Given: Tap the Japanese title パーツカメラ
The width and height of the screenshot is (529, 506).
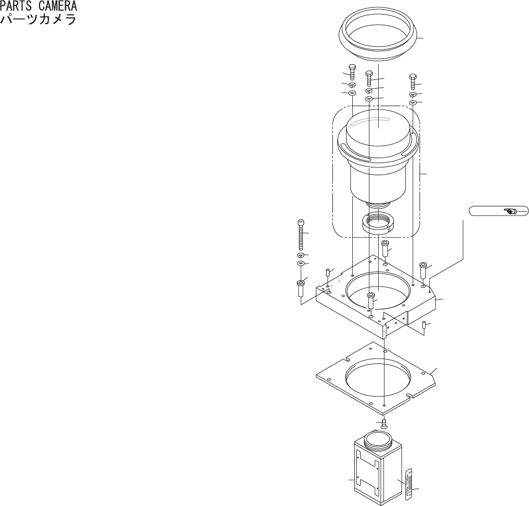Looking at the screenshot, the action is pos(39,20).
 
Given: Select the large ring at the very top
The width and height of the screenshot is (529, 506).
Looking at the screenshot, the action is pos(378,36).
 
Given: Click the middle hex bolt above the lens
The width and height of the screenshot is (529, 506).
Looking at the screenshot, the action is pos(369,78).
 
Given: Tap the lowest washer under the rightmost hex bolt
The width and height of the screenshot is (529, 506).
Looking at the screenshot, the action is pos(413,103).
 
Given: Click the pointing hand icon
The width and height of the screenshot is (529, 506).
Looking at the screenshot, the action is pos(511,211).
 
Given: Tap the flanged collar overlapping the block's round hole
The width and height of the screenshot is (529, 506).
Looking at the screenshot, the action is pos(371,300).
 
